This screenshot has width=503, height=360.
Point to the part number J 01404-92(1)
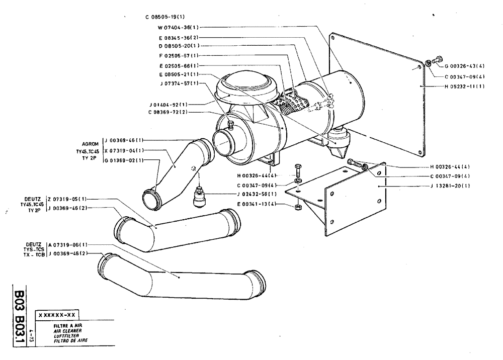[x=169, y=104]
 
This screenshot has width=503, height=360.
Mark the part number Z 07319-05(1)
[x=68, y=199]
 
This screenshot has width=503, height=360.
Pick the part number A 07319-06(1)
[x=68, y=244]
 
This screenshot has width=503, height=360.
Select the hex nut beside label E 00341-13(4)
[x=298, y=207]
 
